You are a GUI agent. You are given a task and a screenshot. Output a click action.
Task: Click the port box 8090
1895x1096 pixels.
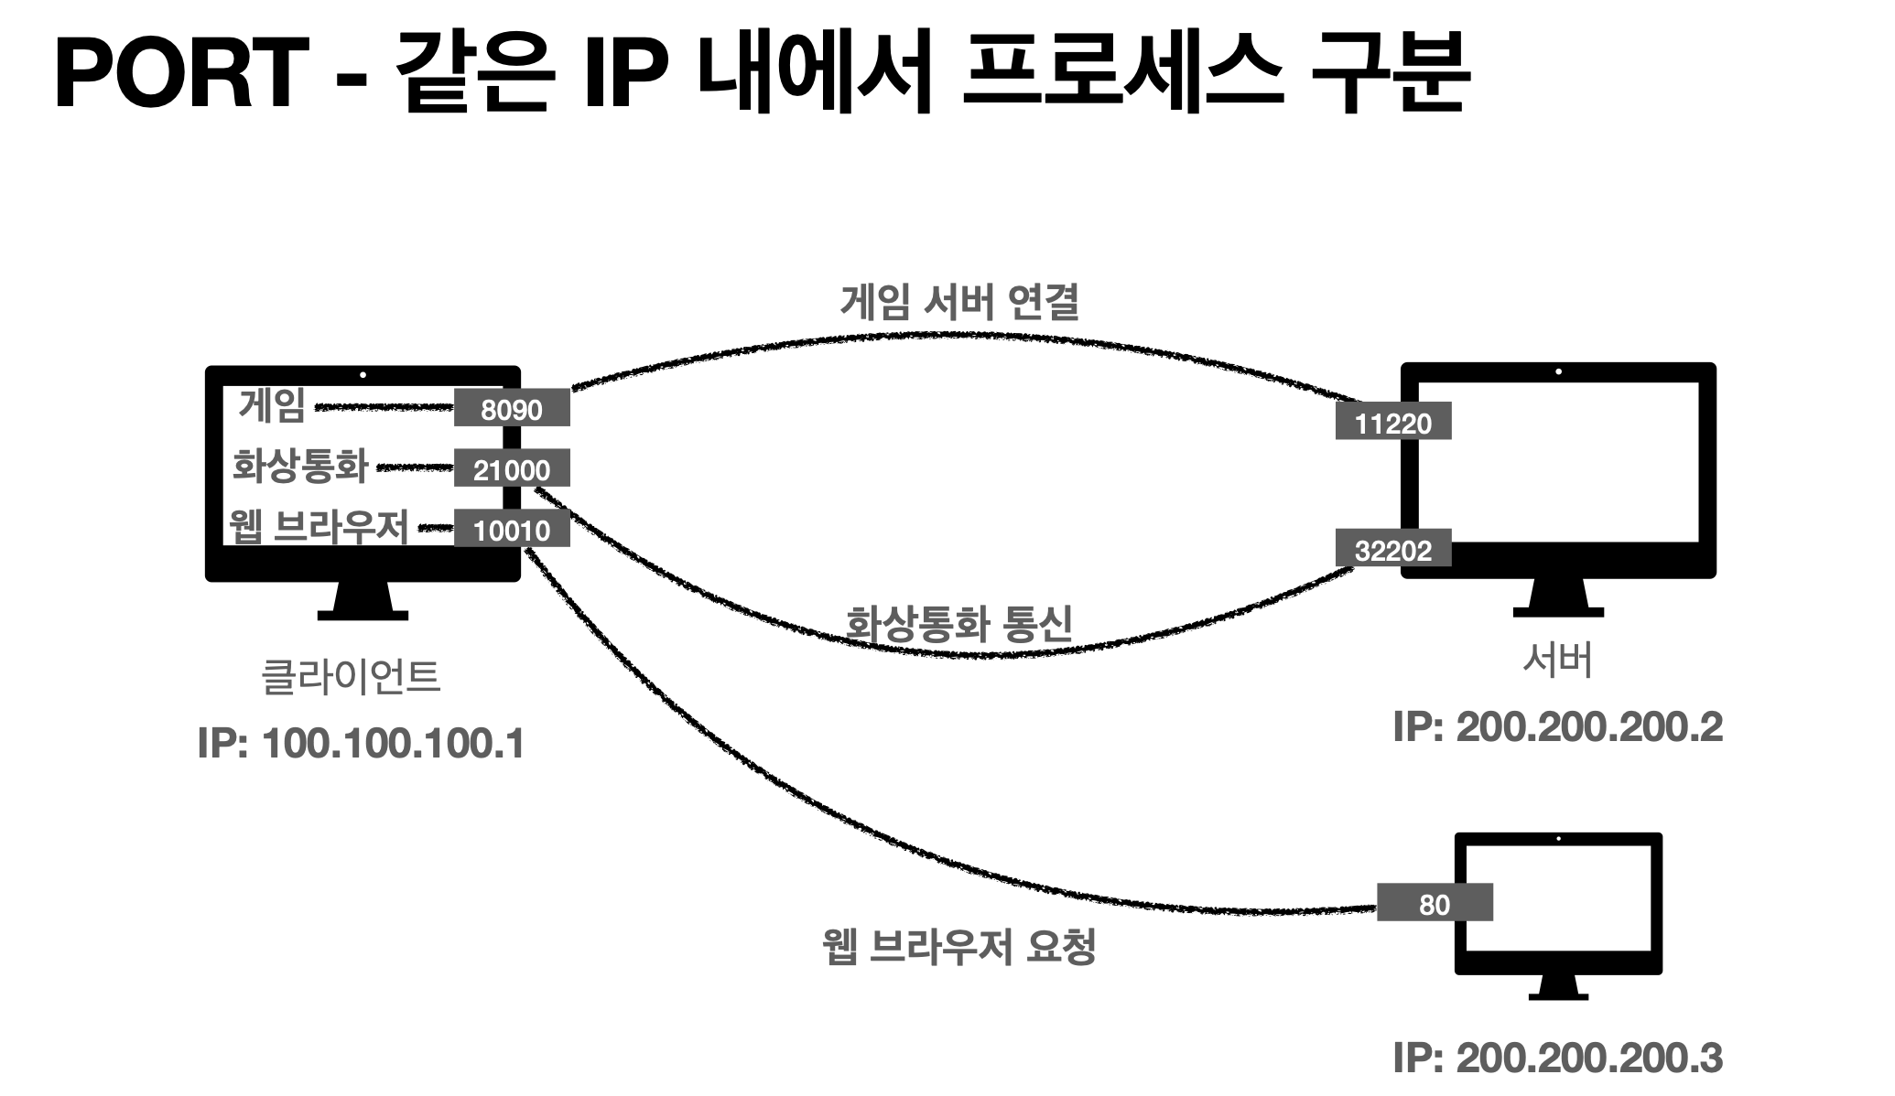[x=512, y=409]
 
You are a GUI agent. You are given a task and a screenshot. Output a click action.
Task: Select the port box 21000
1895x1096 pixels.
[x=512, y=469]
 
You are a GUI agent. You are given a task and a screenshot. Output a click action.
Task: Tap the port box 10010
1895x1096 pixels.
[x=512, y=530]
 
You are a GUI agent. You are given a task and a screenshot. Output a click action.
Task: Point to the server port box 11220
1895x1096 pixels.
[x=1392, y=423]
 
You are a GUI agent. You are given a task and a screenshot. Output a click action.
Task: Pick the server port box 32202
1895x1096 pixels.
[x=1392, y=549]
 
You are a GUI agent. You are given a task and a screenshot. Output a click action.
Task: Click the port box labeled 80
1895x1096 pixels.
[x=1434, y=904]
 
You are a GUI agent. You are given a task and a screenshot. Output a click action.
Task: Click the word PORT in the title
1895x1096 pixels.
[x=181, y=75]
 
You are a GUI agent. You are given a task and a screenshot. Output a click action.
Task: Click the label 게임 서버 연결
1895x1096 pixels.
[x=959, y=302]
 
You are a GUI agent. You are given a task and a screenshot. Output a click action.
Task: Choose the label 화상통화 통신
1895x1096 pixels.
[x=958, y=624]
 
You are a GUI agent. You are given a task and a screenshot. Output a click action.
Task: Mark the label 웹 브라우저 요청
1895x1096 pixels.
[x=958, y=946]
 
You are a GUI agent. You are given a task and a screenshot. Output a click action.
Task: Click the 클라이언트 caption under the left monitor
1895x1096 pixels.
[x=352, y=677]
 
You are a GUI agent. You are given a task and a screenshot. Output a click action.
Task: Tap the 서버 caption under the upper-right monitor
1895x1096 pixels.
[x=1557, y=659]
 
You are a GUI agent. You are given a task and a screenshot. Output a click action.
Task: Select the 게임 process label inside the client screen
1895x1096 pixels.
[x=272, y=405]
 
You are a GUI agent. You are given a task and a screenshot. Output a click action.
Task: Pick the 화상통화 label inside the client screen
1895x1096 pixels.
[x=300, y=466]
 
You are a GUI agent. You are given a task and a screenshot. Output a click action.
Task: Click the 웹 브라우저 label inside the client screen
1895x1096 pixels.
[x=318, y=527]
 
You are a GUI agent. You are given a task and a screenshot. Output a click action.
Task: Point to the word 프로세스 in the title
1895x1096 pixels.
[x=1110, y=75]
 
